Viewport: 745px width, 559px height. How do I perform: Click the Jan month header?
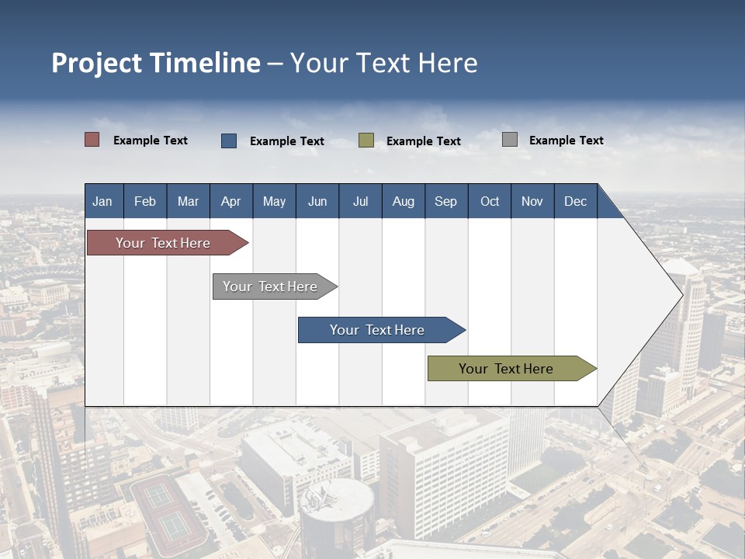pos(103,201)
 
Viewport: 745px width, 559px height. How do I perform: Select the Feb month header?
pos(145,201)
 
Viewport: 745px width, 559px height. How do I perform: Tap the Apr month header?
pos(231,201)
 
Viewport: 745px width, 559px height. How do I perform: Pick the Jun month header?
pos(317,201)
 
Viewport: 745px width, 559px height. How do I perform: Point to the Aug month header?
pos(404,201)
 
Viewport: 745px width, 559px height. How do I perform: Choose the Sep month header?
pos(446,201)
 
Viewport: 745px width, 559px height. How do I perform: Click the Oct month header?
pos(490,201)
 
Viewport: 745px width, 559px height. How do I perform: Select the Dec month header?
pos(576,201)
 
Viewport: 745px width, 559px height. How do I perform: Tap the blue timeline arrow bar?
pos(378,330)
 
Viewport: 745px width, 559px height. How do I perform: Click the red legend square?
pos(92,140)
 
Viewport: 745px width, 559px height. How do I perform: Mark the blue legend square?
pos(229,141)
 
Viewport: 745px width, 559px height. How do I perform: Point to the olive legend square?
pos(366,141)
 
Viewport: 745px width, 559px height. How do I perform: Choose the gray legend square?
pos(510,140)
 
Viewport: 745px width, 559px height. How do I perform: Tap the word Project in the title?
pos(96,63)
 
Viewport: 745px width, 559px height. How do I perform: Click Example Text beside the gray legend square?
pos(567,141)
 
